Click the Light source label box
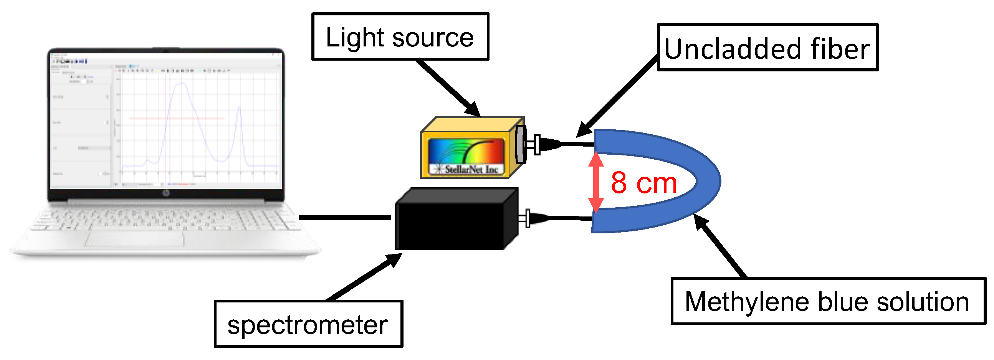coord(400,37)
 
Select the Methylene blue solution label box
coord(828,301)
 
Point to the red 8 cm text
coord(643,183)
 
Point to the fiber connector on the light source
coord(544,145)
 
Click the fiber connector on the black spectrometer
coord(534,218)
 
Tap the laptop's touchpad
coord(135,239)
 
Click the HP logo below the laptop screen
coord(166,193)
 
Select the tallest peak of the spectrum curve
coord(180,83)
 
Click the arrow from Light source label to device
coord(448,87)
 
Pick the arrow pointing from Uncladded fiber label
coord(617,96)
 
